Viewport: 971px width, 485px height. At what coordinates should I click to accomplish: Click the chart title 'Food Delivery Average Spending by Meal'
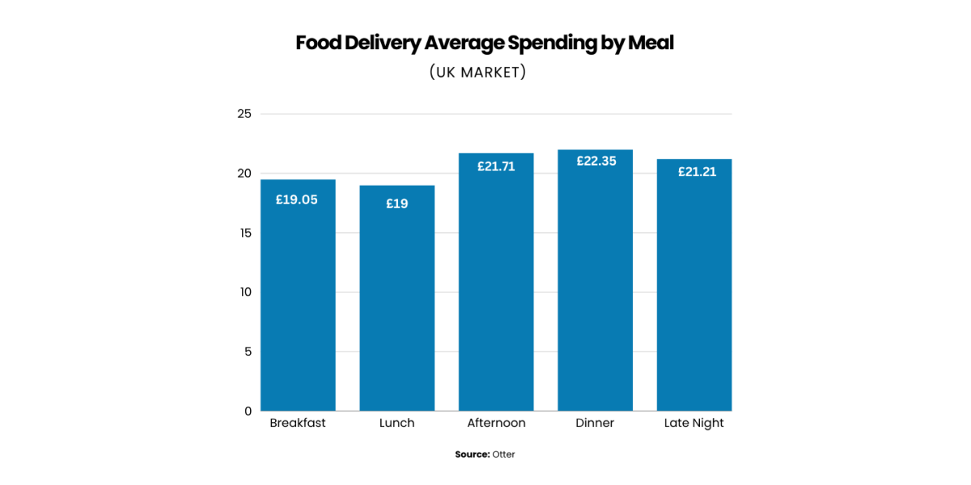pyautogui.click(x=485, y=43)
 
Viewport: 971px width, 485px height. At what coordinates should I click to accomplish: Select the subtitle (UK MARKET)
pyautogui.click(x=477, y=72)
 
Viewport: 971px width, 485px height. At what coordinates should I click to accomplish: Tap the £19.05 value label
pyautogui.click(x=297, y=200)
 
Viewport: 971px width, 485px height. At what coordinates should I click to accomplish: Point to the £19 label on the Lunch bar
pyautogui.click(x=396, y=204)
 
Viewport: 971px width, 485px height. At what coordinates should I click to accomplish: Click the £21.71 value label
pyautogui.click(x=496, y=167)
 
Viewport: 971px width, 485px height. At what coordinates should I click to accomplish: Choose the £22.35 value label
pyautogui.click(x=596, y=161)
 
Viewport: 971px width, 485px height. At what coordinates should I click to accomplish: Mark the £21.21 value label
pyautogui.click(x=694, y=171)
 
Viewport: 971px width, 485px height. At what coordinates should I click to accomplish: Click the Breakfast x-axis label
pyautogui.click(x=298, y=423)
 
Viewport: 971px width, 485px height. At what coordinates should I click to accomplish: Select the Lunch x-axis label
pyautogui.click(x=396, y=423)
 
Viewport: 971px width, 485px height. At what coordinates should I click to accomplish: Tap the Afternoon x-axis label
pyautogui.click(x=496, y=423)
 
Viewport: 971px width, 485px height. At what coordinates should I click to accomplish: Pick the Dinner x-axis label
pyautogui.click(x=595, y=423)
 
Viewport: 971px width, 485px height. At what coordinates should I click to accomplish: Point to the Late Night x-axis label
pyautogui.click(x=694, y=423)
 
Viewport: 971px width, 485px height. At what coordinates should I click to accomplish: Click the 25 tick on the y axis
pyautogui.click(x=244, y=114)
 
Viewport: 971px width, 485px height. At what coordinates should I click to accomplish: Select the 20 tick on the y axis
pyautogui.click(x=244, y=174)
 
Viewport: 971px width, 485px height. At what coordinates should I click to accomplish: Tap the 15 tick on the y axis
pyautogui.click(x=244, y=233)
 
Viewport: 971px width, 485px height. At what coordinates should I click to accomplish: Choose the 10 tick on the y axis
pyautogui.click(x=244, y=292)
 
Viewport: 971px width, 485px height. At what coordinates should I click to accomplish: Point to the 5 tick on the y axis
pyautogui.click(x=248, y=352)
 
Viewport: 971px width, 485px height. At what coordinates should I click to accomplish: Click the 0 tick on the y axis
pyautogui.click(x=248, y=411)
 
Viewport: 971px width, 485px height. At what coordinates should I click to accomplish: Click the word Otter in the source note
pyautogui.click(x=503, y=454)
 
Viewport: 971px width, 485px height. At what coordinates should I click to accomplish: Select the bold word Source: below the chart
pyautogui.click(x=473, y=454)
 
